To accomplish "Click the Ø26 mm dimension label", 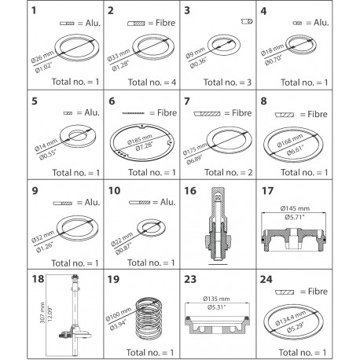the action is click(x=42, y=57).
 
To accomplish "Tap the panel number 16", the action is click(x=190, y=191).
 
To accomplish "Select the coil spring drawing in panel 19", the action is click(x=149, y=318).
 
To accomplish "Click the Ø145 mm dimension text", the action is click(x=295, y=208).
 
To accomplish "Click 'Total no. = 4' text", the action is click(x=152, y=83).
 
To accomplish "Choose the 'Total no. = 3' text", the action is click(x=227, y=83).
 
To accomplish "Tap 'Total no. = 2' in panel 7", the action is click(x=229, y=172).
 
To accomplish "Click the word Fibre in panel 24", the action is click(x=318, y=292).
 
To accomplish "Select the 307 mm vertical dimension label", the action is click(x=42, y=313).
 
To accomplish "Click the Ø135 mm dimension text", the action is click(x=216, y=299).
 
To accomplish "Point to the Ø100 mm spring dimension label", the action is click(x=118, y=314).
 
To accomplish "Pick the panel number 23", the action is click(x=190, y=279).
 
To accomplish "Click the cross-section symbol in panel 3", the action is click(x=247, y=21).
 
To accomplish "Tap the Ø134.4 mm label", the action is click(x=290, y=318).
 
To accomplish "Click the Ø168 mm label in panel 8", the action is click(x=290, y=141).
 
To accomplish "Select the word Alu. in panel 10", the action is click(x=167, y=202).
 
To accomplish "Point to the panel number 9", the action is click(x=35, y=191).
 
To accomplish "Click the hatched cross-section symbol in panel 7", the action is click(x=207, y=114).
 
